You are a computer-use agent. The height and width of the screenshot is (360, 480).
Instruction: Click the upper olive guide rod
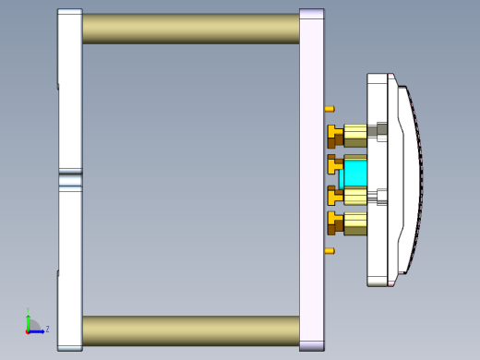point(190,28)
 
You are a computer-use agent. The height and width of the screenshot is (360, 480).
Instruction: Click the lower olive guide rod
point(190,330)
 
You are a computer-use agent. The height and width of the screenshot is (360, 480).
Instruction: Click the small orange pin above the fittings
point(330,109)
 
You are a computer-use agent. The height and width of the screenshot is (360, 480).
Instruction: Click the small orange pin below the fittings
point(330,250)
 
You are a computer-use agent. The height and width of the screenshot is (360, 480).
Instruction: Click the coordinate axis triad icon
point(30,325)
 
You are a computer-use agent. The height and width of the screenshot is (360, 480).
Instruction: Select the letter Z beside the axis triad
point(47,328)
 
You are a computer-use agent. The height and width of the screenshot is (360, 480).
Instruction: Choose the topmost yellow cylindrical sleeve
point(355,133)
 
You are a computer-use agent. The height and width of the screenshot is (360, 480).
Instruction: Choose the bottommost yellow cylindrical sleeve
point(355,222)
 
